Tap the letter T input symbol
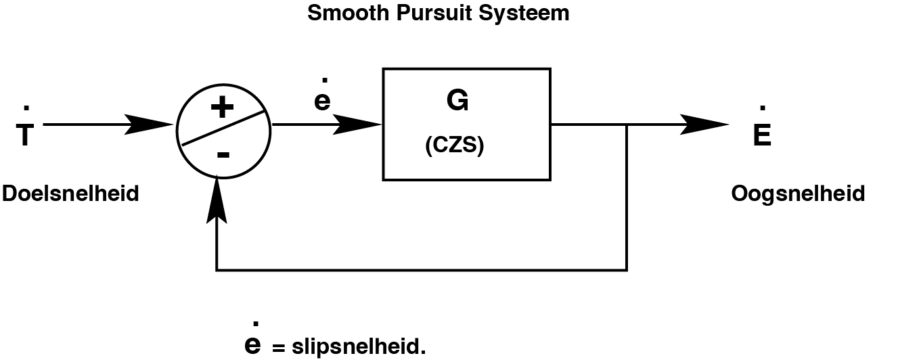pyautogui.click(x=25, y=136)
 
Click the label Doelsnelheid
pyautogui.click(x=70, y=194)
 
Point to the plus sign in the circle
pyautogui.click(x=223, y=108)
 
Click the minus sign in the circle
pyautogui.click(x=223, y=154)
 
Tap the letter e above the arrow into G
pyautogui.click(x=322, y=101)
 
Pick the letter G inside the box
pyautogui.click(x=457, y=100)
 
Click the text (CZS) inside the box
pyautogui.click(x=455, y=147)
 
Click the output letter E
pyautogui.click(x=761, y=136)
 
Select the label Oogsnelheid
pyautogui.click(x=798, y=194)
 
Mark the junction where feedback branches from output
pyautogui.click(x=627, y=125)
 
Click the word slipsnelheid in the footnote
pyautogui.click(x=359, y=348)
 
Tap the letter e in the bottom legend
pyautogui.click(x=252, y=345)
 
